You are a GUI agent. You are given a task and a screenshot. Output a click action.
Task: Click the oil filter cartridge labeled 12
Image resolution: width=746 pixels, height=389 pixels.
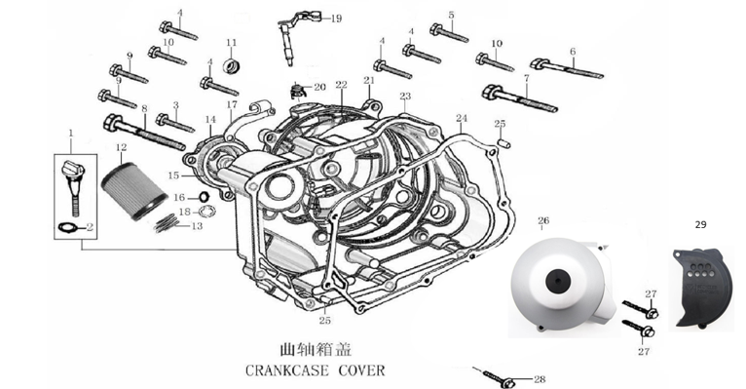pyautogui.click(x=133, y=191)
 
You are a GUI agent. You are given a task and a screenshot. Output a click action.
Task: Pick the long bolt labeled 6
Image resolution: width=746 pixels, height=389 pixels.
pyautogui.click(x=567, y=68)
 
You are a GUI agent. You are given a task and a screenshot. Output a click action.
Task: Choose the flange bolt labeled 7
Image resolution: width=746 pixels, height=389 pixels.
pyautogui.click(x=519, y=98)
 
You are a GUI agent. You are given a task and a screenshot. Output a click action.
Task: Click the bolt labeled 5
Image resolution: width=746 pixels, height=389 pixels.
pyautogui.click(x=449, y=33)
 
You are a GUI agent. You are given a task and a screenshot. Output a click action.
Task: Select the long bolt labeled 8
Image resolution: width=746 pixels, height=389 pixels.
pyautogui.click(x=144, y=132)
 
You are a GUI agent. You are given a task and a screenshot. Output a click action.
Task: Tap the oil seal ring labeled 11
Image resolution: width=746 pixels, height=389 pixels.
pyautogui.click(x=231, y=65)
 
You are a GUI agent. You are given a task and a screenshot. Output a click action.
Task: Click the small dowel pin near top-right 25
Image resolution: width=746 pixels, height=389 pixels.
pyautogui.click(x=504, y=142)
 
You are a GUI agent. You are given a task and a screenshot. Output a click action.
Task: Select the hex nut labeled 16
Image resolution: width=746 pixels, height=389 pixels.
pyautogui.click(x=204, y=196)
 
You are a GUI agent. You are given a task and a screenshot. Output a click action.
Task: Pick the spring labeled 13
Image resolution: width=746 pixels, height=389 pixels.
pyautogui.click(x=167, y=223)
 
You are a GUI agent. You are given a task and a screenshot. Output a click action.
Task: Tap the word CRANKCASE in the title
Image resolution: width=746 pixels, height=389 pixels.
pyautogui.click(x=287, y=370)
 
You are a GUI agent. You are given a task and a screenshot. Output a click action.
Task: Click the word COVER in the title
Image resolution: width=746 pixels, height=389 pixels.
pyautogui.click(x=361, y=370)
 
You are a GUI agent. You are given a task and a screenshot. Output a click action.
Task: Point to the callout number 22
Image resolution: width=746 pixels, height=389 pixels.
pyautogui.click(x=341, y=85)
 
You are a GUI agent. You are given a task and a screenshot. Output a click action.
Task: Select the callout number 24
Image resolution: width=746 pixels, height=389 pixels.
pyautogui.click(x=462, y=118)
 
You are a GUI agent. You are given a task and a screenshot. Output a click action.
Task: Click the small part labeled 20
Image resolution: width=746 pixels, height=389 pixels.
pyautogui.click(x=297, y=91)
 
